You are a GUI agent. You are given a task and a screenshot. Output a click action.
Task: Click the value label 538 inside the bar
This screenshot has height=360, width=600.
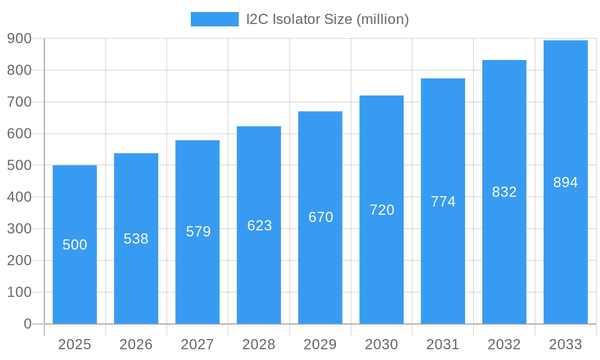pos(136,239)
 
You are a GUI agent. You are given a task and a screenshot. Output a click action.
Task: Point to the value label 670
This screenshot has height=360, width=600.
pos(320,217)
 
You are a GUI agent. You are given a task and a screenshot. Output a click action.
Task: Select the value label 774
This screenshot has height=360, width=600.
pos(443,202)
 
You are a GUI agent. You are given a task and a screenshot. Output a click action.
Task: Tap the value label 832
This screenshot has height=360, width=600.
pos(504,192)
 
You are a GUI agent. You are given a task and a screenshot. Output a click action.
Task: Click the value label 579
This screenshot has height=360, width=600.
pos(198,232)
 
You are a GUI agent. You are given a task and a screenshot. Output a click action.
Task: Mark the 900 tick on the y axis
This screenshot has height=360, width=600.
pos(19,38)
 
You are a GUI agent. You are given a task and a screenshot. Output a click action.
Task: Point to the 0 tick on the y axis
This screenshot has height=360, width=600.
pos(28,324)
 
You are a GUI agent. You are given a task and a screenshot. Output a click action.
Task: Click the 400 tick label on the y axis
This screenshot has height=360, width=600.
pos(19,197)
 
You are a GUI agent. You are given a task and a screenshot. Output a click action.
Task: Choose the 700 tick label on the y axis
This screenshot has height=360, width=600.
pos(19,102)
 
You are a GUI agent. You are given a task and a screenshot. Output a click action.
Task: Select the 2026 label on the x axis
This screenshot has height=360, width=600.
pos(136,344)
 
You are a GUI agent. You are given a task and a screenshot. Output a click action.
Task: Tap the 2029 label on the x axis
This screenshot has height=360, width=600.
pos(320,344)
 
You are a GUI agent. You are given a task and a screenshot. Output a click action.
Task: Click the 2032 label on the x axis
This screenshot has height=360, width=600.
pos(504,344)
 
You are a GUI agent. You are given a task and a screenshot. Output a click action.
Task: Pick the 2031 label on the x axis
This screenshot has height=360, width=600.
pos(443,344)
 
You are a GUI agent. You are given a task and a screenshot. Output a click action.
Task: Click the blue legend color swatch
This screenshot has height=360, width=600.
pos(214,19)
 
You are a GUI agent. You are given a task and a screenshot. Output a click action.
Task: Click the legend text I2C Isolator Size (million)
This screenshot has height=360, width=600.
pos(328,19)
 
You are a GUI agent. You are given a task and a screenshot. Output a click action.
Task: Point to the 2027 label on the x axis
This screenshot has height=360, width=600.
pos(197,344)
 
